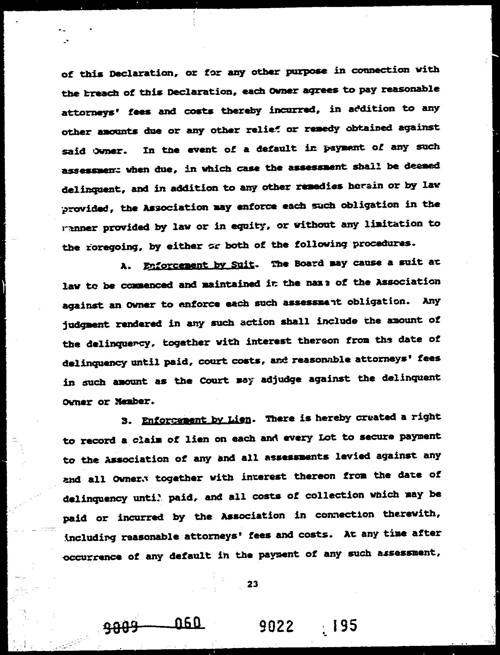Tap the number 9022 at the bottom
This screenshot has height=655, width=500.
pos(277,625)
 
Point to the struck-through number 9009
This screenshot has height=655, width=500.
pos(121,626)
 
